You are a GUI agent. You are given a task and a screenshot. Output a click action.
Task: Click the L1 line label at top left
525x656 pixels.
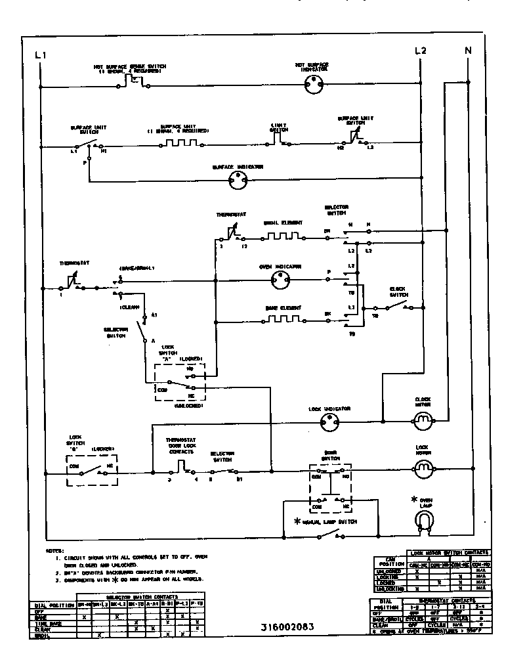40,55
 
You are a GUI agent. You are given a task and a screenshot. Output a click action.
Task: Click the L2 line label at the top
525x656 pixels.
421,51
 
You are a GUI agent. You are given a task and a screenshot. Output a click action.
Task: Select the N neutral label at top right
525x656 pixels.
468,51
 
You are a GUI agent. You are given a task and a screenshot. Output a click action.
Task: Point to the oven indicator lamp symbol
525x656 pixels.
281,282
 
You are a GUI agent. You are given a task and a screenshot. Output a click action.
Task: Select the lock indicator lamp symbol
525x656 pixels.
333,424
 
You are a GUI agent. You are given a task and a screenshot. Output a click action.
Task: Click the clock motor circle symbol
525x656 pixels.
423,418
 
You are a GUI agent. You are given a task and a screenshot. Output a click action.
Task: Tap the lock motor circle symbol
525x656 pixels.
423,467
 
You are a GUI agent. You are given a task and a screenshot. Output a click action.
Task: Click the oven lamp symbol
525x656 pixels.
424,521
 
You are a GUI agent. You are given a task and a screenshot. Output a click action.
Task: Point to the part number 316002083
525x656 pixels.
283,626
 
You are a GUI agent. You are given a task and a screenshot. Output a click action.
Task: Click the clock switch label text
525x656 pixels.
398,291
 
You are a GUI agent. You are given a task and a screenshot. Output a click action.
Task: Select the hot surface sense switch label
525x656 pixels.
129,68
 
